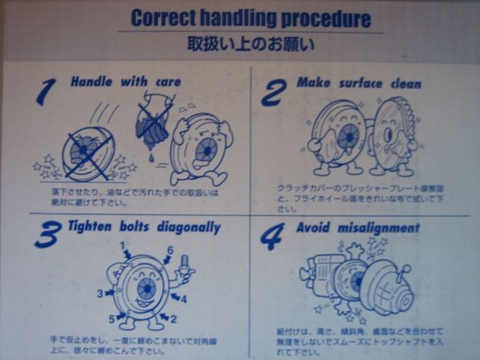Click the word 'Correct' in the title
tap(165, 18)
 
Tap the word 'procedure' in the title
tap(328, 19)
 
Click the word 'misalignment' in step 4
tap(379, 228)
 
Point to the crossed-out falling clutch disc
tap(85, 147)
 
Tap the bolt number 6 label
tap(170, 249)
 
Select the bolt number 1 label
tap(123, 246)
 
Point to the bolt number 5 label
tap(112, 319)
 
